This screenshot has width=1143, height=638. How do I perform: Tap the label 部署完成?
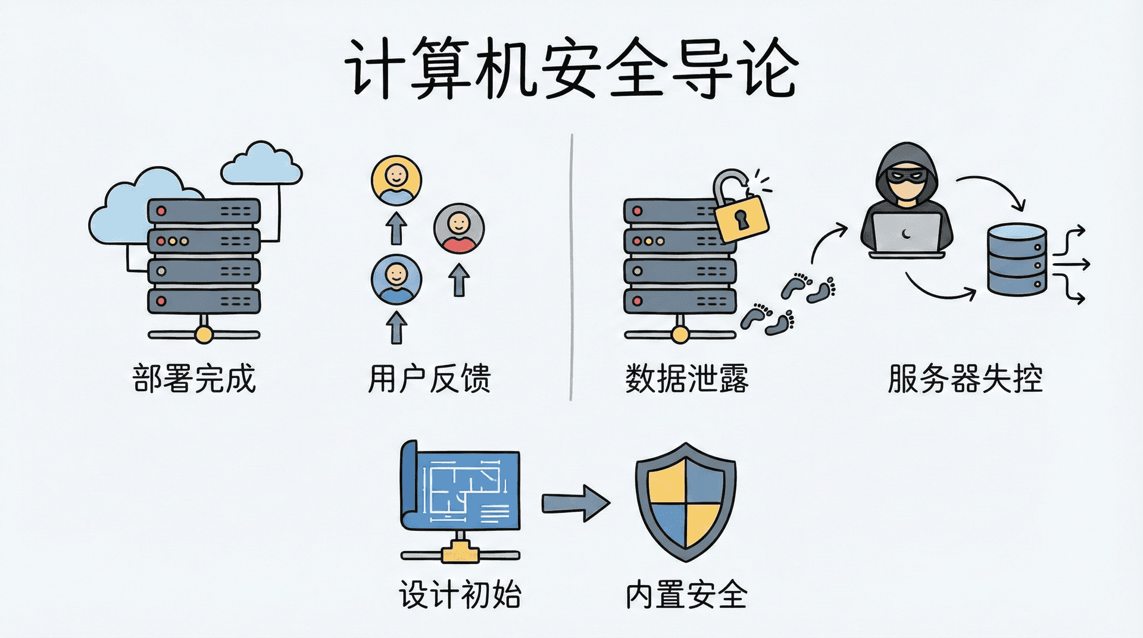[x=194, y=379]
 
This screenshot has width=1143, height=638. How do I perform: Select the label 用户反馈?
[x=429, y=379]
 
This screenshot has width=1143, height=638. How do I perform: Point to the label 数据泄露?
[x=686, y=379]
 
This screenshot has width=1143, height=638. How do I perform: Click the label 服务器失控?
[x=965, y=379]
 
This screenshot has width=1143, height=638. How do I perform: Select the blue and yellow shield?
[x=685, y=502]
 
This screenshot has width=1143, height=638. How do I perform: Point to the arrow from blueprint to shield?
[x=574, y=503]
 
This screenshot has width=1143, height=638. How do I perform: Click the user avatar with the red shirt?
[x=459, y=229]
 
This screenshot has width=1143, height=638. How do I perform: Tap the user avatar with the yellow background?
[x=396, y=180]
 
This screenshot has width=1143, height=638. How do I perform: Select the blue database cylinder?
[x=1016, y=259]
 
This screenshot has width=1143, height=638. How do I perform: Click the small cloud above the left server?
[x=261, y=164]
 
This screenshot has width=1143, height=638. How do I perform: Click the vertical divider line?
[x=571, y=268]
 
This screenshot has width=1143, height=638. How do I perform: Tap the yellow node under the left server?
[x=204, y=335]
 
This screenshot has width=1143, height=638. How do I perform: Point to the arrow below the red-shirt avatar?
[x=459, y=280]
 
